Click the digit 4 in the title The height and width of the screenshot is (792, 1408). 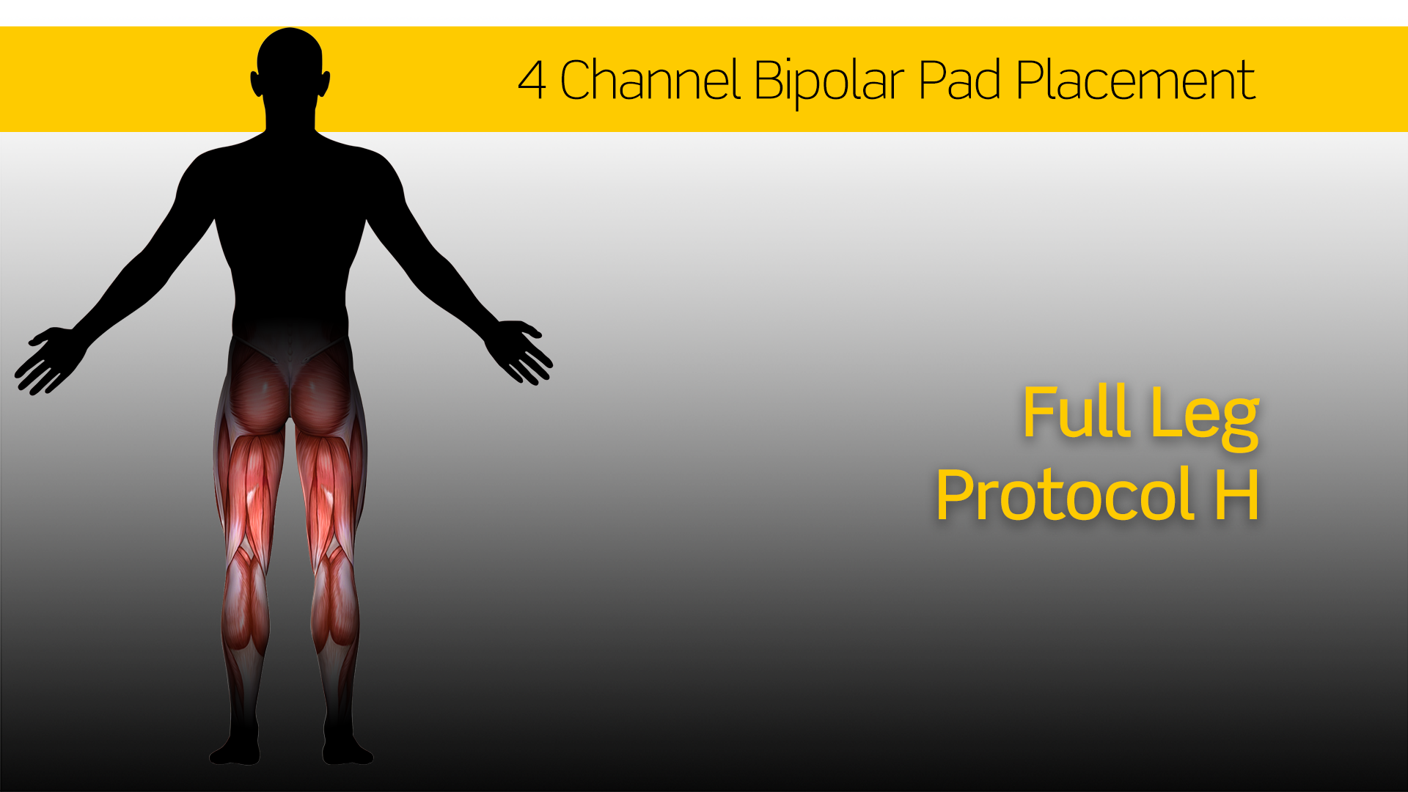point(532,80)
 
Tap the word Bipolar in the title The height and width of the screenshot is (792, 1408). point(829,82)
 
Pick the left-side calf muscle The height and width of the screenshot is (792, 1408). point(245,601)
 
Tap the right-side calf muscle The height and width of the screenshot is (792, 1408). point(336,601)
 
